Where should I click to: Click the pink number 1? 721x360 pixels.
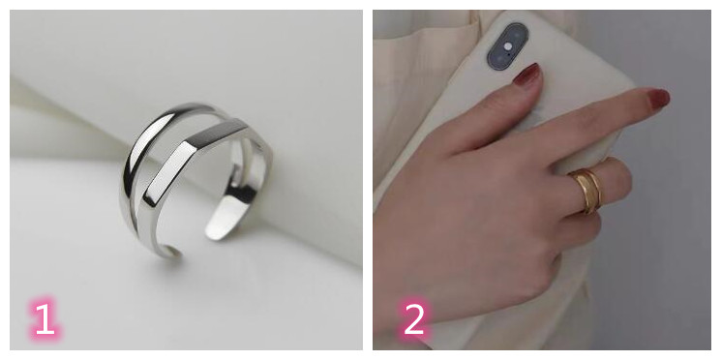click(45, 318)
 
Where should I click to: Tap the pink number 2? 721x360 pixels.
click(414, 318)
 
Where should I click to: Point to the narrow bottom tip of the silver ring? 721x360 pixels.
click(172, 252)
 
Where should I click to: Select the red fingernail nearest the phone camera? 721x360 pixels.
click(527, 75)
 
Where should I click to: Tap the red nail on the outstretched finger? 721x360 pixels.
click(658, 99)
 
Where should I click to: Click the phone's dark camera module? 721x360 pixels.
click(508, 46)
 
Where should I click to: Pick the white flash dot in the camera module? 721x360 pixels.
click(508, 46)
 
